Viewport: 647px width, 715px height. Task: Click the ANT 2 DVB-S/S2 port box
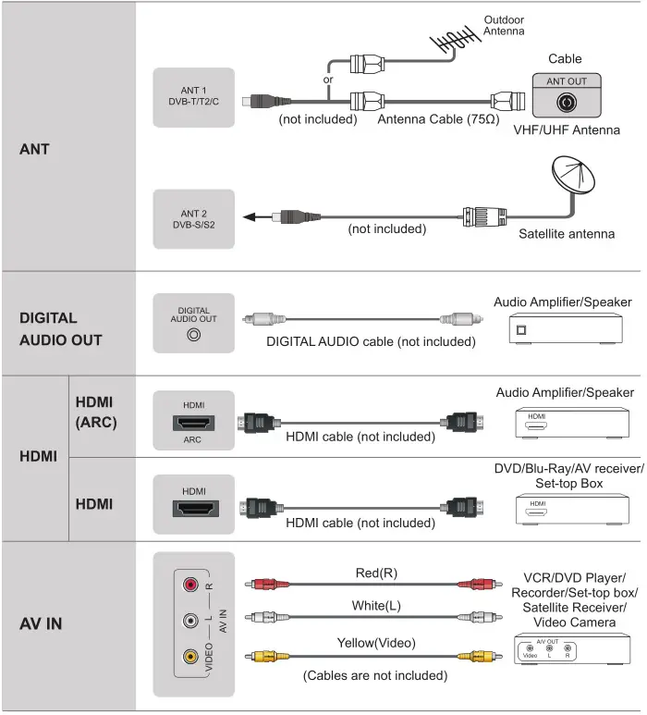click(194, 218)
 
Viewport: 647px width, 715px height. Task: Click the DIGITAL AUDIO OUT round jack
click(194, 335)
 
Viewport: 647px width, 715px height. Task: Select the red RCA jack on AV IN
click(190, 585)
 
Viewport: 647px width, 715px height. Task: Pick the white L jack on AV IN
click(190, 621)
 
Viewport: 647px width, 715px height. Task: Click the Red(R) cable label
click(376, 573)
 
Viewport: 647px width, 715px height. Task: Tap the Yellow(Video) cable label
click(376, 643)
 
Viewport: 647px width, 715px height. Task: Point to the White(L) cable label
click(376, 608)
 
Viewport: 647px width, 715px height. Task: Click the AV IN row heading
click(41, 623)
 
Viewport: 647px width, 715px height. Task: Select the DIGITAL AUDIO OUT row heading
click(61, 328)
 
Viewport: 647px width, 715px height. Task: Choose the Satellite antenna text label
click(567, 234)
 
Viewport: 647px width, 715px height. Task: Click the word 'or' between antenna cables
click(328, 80)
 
